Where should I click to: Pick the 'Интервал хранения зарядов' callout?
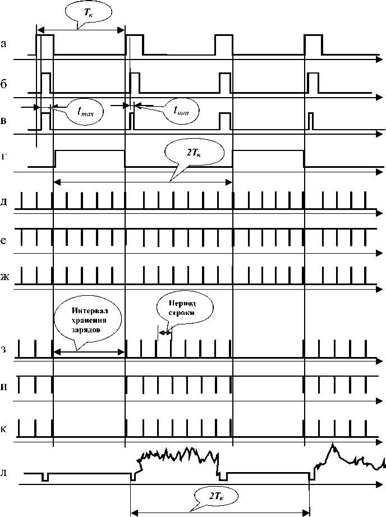(x=86, y=322)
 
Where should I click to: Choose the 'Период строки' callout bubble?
(x=183, y=308)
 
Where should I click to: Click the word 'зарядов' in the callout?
(x=86, y=331)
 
